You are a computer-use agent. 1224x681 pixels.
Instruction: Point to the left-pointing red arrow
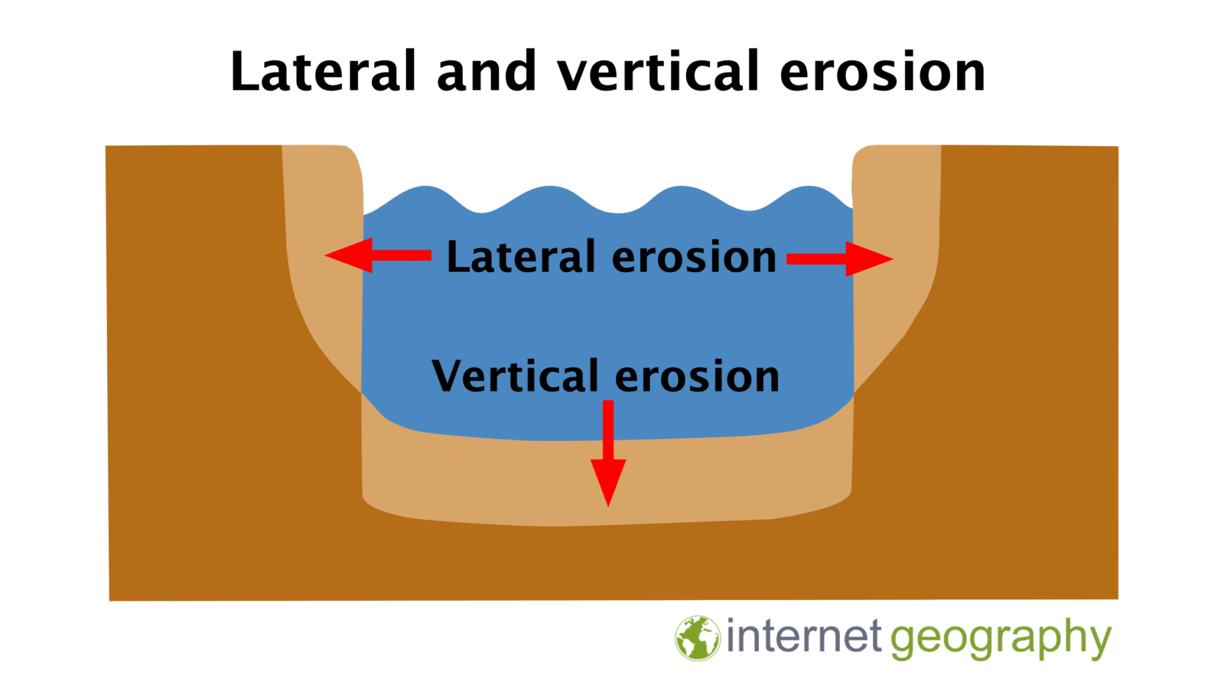(378, 255)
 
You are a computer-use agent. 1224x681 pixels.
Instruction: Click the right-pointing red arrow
(839, 258)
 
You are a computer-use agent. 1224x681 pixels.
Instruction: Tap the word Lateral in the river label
(520, 257)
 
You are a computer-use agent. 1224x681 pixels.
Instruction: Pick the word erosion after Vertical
(697, 376)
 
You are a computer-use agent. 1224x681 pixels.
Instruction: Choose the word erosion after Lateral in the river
(695, 257)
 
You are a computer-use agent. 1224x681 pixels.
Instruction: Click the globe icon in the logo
(697, 637)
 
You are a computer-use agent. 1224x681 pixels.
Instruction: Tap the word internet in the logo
(803, 637)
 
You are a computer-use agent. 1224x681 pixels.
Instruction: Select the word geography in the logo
(1001, 639)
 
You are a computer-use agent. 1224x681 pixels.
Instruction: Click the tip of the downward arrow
(608, 503)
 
